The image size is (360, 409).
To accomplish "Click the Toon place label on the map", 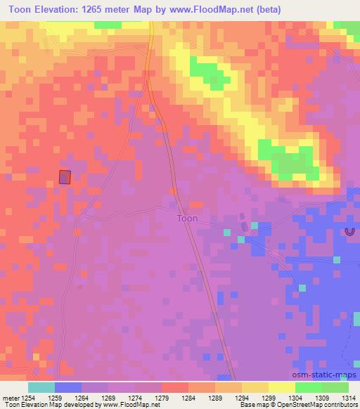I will pos(186,219).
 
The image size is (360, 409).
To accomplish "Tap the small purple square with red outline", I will pos(65,177).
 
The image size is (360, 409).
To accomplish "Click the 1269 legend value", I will pos(108,398).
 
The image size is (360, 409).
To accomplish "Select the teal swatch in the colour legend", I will pos(41,387).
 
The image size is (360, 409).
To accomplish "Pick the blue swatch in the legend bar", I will pos(68,387).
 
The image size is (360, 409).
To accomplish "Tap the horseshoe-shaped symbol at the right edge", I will pos(349,231).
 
